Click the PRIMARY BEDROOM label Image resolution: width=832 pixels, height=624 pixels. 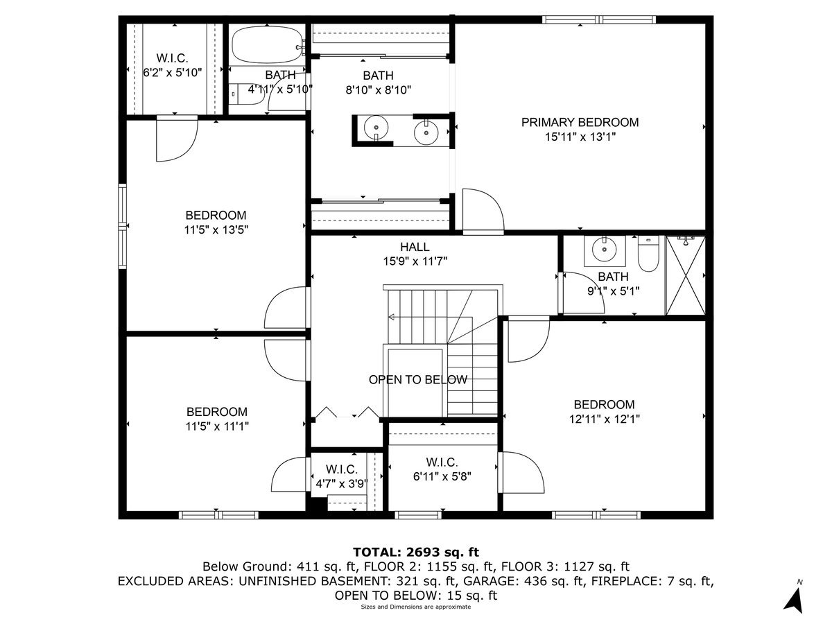(580, 123)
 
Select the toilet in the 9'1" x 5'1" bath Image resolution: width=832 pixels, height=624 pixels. (648, 254)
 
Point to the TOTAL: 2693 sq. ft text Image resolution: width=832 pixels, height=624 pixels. (416, 552)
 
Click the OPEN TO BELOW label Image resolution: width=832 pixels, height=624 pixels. (417, 380)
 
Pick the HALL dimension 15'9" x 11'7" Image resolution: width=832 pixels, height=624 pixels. (415, 261)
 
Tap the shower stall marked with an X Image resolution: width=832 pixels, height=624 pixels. (685, 275)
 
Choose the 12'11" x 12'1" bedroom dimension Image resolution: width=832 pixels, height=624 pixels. (603, 419)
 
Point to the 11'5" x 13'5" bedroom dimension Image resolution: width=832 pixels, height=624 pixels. (216, 230)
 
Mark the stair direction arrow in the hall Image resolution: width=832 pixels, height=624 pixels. (392, 318)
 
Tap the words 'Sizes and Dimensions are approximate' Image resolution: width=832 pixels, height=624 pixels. (415, 607)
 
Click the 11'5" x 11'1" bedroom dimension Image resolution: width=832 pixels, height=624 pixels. (216, 426)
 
